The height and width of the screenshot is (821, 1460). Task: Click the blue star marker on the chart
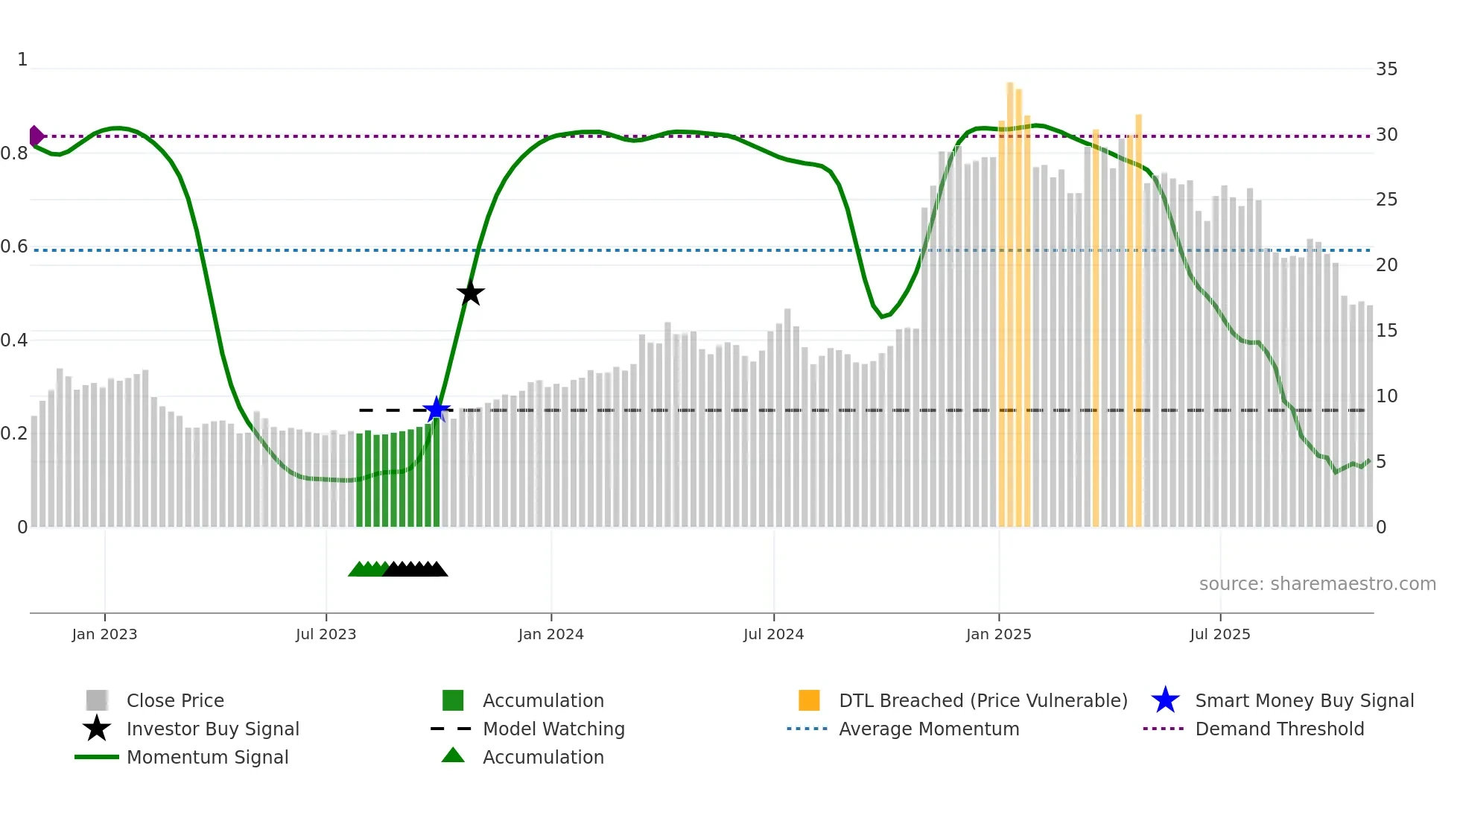[437, 409]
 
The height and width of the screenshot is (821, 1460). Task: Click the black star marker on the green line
[470, 293]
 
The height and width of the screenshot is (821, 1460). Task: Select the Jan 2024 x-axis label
[550, 634]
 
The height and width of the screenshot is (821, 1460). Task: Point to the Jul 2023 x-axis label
[326, 634]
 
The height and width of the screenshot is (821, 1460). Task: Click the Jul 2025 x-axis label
[1219, 634]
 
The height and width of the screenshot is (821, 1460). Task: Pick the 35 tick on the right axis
[1386, 69]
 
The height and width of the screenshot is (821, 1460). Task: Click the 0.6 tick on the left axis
[14, 247]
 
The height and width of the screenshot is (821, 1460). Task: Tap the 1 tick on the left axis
[22, 60]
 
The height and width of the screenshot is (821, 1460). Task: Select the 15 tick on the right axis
[1386, 330]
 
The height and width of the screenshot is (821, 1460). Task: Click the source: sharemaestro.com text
[1317, 583]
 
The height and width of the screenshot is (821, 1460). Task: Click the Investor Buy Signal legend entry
[212, 729]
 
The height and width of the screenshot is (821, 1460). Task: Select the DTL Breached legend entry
[983, 700]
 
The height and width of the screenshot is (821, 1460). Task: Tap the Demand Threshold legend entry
[1279, 729]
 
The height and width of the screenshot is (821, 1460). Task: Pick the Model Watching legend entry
[553, 729]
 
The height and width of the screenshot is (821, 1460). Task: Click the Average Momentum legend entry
[928, 729]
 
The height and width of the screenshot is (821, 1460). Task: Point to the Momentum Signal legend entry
[207, 757]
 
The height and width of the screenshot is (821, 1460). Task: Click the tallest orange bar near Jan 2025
[1010, 298]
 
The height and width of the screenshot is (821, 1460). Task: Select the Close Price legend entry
[174, 700]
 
